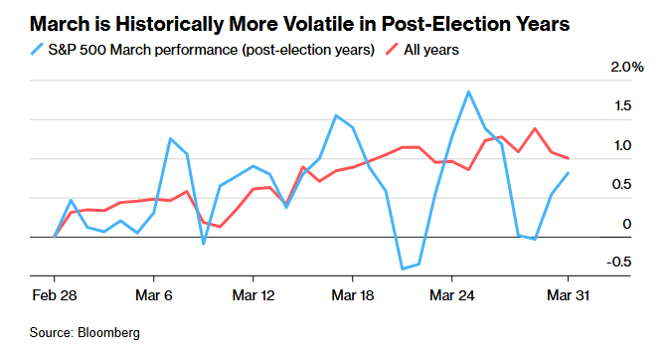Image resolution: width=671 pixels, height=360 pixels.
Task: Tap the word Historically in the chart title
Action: click(170, 25)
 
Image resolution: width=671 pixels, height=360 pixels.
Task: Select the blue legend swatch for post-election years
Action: click(37, 50)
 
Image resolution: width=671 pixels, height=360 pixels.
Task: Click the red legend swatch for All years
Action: click(392, 50)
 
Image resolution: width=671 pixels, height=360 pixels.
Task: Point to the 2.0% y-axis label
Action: click(627, 67)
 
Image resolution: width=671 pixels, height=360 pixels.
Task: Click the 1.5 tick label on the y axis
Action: click(623, 105)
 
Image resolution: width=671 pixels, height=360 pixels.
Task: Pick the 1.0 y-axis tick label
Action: click(623, 145)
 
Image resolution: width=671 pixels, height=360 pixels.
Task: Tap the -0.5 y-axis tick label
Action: click(618, 262)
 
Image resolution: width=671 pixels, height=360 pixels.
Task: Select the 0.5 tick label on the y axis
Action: click(621, 184)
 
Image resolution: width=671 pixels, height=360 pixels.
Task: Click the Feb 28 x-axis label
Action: click(55, 295)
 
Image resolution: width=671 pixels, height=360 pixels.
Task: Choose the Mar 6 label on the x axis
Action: click(154, 295)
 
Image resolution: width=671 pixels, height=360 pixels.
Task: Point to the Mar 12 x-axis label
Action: click(253, 295)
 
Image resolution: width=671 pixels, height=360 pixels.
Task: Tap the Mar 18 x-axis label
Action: click(353, 295)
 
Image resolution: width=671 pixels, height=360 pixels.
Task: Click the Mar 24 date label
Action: click(452, 295)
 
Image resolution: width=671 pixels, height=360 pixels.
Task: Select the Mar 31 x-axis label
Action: click(568, 295)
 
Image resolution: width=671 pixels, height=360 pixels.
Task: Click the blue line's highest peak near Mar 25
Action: click(468, 91)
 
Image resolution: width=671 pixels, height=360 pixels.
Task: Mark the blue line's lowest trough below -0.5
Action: click(403, 269)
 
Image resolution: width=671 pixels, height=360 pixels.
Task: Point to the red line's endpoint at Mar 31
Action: click(568, 158)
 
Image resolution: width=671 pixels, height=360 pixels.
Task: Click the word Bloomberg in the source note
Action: click(108, 333)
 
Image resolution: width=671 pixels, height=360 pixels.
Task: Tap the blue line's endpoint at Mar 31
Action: click(568, 173)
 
